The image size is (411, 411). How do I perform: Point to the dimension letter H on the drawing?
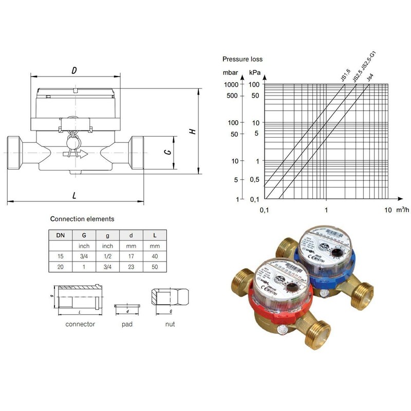pyautogui.click(x=192, y=131)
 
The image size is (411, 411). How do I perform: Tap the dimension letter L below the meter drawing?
pyautogui.click(x=74, y=195)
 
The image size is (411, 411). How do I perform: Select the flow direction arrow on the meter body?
pyautogui.click(x=75, y=154)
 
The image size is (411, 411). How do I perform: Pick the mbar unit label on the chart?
pyautogui.click(x=230, y=73)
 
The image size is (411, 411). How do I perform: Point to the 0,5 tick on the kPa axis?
pyautogui.click(x=253, y=179)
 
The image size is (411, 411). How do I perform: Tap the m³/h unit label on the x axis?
pyautogui.click(x=403, y=210)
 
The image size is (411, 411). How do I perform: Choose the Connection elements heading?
pyautogui.click(x=82, y=219)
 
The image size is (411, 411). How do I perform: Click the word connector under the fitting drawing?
pyautogui.click(x=80, y=325)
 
